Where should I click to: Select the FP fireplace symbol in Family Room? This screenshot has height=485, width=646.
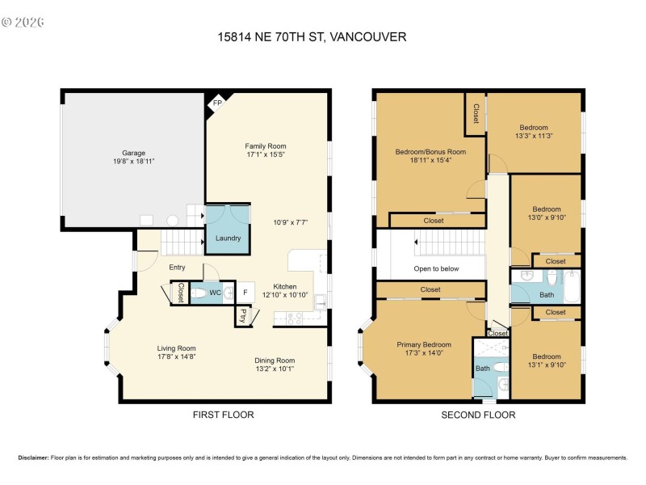(217, 103)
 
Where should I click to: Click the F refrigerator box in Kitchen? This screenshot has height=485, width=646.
(245, 293)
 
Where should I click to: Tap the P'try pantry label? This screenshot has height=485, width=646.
(242, 316)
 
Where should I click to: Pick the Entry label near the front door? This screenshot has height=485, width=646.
(177, 268)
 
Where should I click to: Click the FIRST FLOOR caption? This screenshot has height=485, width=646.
(223, 415)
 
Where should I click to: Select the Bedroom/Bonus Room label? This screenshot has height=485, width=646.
(430, 151)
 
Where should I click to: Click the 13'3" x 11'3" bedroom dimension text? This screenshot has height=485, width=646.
(534, 137)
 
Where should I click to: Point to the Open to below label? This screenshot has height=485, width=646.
(437, 268)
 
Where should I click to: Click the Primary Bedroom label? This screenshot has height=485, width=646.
(424, 344)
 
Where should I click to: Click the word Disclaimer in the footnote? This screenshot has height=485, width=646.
(33, 458)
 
